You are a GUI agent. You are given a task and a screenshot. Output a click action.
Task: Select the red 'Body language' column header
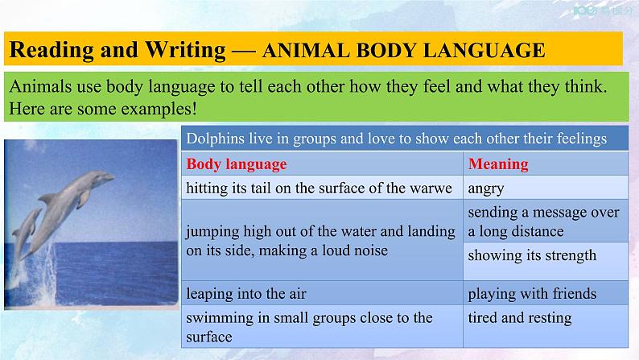coord(236,164)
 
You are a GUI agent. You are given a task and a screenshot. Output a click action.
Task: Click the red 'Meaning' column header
coord(498,164)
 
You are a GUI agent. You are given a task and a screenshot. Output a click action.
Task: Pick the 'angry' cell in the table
coord(485,188)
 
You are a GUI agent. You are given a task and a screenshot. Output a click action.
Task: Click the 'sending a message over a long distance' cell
coord(544,221)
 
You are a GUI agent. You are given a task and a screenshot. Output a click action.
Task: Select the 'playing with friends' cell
coord(532,293)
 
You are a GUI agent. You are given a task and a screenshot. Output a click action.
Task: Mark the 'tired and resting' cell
coord(519,317)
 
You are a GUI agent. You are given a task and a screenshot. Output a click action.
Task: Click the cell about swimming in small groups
coord(309,327)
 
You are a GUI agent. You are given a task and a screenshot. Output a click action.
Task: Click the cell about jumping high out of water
coord(320,241)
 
